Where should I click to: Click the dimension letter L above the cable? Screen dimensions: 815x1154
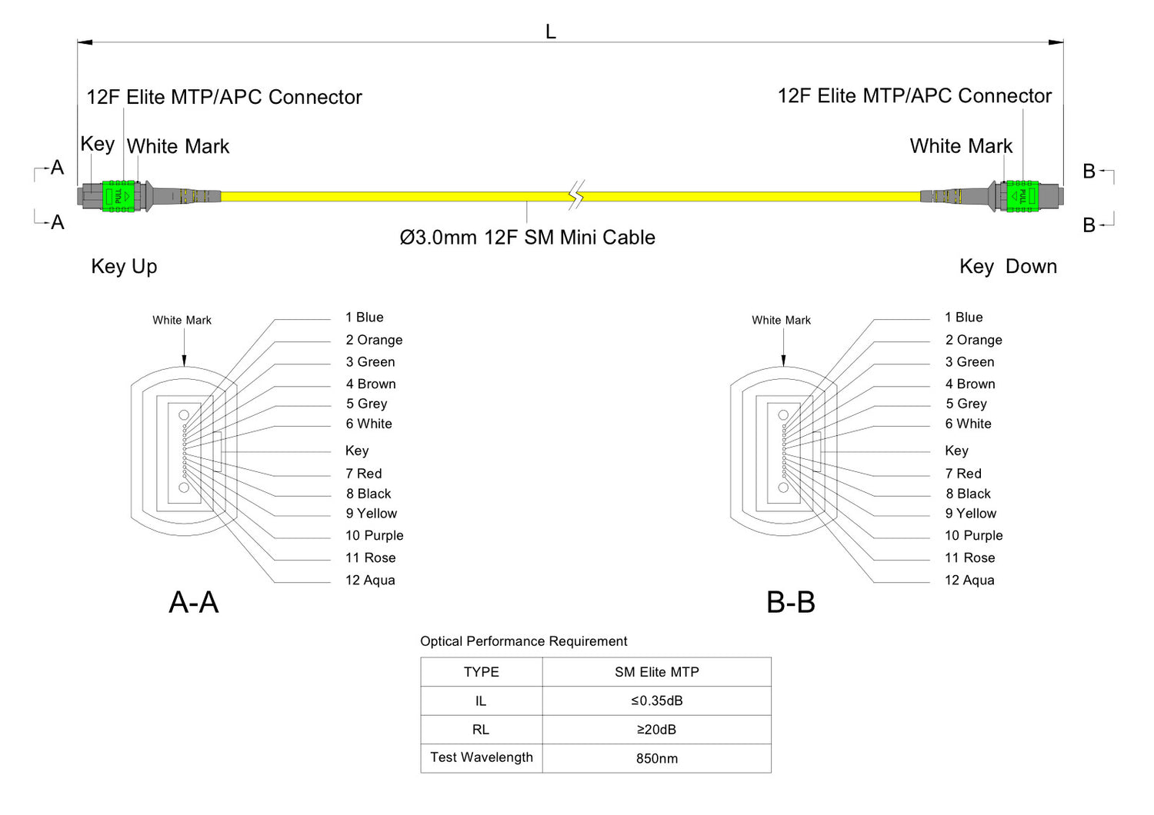pyautogui.click(x=550, y=32)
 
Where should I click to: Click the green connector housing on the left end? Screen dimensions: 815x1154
pyautogui.click(x=118, y=196)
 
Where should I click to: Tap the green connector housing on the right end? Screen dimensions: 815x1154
pyautogui.click(x=1022, y=196)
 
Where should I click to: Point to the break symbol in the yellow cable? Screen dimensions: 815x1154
pyautogui.click(x=576, y=195)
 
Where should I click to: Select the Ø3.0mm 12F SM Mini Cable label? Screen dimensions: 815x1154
pyautogui.click(x=527, y=238)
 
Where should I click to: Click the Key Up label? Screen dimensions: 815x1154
pyautogui.click(x=124, y=267)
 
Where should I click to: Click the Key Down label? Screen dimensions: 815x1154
pyautogui.click(x=1008, y=267)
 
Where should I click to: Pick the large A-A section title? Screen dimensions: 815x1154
pyautogui.click(x=194, y=602)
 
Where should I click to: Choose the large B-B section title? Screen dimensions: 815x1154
pyautogui.click(x=791, y=602)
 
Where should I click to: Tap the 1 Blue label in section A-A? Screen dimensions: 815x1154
pyautogui.click(x=365, y=318)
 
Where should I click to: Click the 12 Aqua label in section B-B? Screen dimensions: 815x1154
pyautogui.click(x=969, y=580)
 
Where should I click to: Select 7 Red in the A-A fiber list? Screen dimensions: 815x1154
pyautogui.click(x=364, y=474)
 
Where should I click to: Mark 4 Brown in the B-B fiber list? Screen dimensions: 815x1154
pyautogui.click(x=970, y=384)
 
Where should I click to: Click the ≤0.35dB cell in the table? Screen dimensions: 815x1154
pyautogui.click(x=657, y=701)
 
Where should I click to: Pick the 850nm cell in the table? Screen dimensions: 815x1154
pyautogui.click(x=657, y=759)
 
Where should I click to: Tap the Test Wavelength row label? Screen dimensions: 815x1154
pyautogui.click(x=482, y=757)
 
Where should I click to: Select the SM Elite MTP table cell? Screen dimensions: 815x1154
pyautogui.click(x=657, y=672)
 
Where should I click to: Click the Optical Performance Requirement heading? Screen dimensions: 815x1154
pyautogui.click(x=523, y=641)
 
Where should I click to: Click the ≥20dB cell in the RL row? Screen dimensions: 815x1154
pyautogui.click(x=657, y=730)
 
